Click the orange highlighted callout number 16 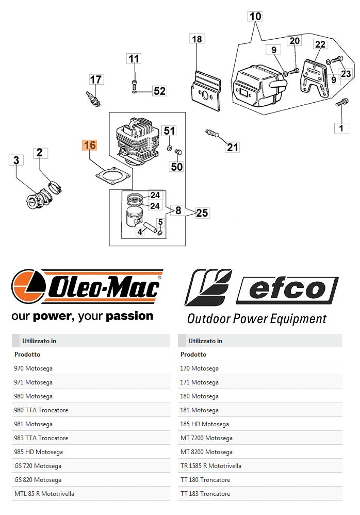[90, 146]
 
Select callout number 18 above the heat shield [197, 39]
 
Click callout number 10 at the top [255, 17]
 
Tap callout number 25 [202, 213]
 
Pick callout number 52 [160, 91]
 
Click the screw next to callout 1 [341, 103]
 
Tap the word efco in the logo [287, 289]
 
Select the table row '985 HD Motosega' [39, 452]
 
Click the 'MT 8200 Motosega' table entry [206, 452]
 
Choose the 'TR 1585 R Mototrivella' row [211, 466]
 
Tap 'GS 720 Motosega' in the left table [38, 466]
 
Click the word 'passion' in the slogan [130, 316]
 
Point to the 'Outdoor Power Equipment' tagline [256, 319]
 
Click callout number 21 [233, 148]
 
